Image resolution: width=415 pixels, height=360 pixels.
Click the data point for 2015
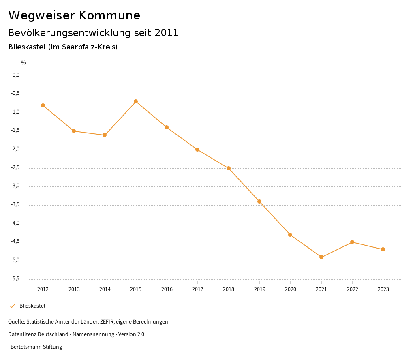tap(136, 101)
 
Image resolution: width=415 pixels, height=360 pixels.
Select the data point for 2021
tap(321, 257)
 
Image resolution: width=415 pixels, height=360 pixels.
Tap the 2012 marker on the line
tap(43, 105)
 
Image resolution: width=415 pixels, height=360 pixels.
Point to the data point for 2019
tap(259, 201)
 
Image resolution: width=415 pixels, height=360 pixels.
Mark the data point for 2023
tap(383, 249)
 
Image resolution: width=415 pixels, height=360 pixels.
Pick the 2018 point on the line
tap(229, 168)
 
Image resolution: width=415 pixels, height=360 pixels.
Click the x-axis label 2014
tap(105, 289)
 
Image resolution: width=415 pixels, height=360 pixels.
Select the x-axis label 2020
tap(291, 289)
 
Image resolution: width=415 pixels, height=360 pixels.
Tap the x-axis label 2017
tap(198, 289)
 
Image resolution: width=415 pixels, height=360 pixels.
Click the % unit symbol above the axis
tap(24, 63)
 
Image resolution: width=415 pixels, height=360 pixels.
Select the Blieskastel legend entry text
tap(32, 306)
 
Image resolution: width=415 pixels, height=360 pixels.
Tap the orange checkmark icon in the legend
tap(12, 306)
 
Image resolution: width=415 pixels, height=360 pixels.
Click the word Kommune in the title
tap(109, 15)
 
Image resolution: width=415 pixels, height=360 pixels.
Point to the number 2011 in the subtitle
tap(167, 33)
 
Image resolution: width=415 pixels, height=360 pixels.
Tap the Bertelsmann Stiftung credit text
tap(36, 347)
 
